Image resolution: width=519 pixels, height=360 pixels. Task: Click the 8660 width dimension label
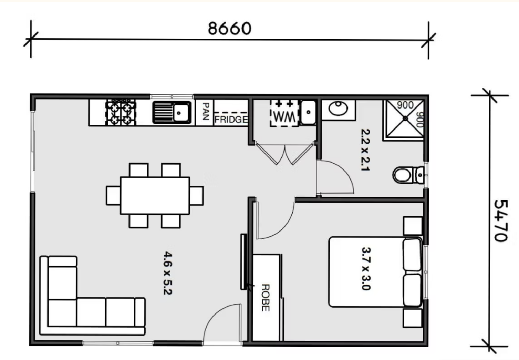[229, 29]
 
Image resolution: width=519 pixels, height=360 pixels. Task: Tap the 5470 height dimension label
[501, 220]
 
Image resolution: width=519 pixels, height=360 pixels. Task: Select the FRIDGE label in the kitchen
[231, 119]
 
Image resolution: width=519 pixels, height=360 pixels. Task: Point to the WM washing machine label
[284, 116]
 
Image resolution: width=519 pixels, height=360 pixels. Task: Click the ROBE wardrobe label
[266, 298]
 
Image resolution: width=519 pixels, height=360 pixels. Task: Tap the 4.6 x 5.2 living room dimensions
[168, 273]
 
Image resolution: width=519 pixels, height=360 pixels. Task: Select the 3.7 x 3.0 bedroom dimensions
[366, 269]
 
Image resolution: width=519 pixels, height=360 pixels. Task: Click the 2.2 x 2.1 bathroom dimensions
[365, 150]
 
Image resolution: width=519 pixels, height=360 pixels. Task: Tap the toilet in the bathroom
[408, 175]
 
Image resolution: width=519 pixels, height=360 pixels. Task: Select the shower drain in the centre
[405, 119]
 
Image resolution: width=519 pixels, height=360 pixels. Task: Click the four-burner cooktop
[121, 113]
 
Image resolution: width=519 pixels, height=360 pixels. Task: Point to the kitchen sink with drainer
[172, 112]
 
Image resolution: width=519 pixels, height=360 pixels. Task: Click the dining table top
[155, 196]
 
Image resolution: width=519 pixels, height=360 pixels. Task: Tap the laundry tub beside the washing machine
[308, 112]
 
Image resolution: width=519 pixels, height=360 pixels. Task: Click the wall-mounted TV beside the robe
[243, 262]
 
